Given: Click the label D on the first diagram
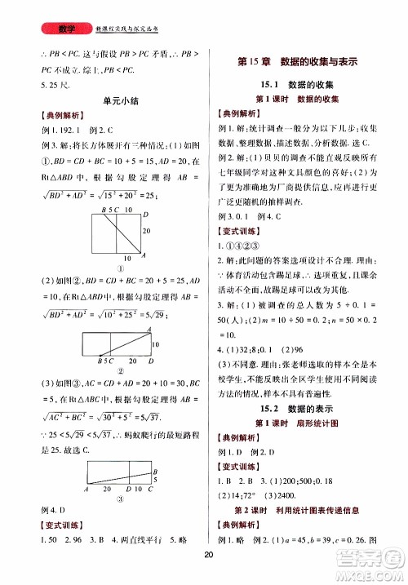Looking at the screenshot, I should [145, 215].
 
